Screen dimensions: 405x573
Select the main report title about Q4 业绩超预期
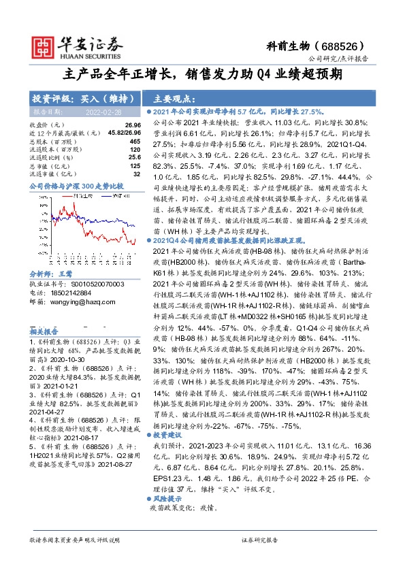pyautogui.click(x=202, y=75)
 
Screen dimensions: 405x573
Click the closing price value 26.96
pyautogui.click(x=133, y=126)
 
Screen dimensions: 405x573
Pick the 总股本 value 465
pyautogui.click(x=135, y=141)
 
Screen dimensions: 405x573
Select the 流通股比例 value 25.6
pyautogui.click(x=134, y=157)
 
